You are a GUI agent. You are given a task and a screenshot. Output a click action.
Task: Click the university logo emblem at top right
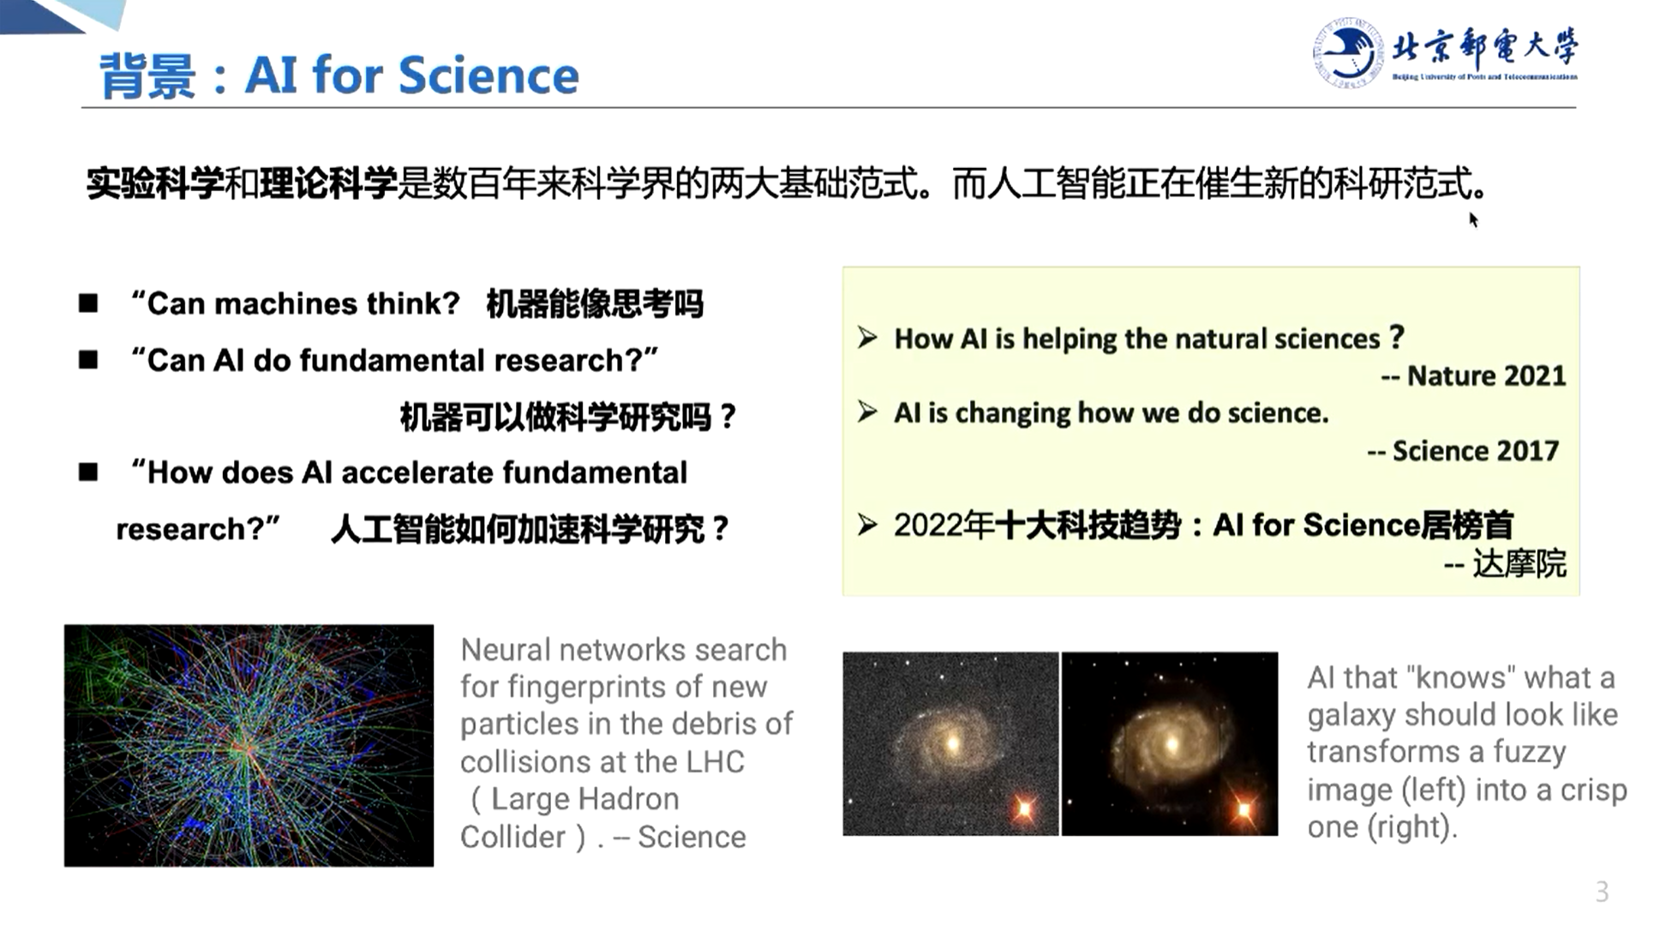click(1347, 52)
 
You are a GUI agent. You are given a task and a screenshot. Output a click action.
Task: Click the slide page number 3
click(1602, 892)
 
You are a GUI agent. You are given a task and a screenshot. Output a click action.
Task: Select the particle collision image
click(249, 745)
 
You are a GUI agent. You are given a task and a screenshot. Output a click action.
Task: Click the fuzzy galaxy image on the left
click(950, 743)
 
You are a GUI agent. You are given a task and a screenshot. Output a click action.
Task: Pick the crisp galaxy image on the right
click(1170, 743)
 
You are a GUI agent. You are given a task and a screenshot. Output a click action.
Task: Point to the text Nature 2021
click(1486, 375)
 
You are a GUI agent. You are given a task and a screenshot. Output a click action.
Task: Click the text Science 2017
click(1475, 451)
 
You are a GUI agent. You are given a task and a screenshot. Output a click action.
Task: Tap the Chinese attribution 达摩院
click(1519, 564)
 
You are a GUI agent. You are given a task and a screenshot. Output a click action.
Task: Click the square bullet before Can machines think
click(88, 303)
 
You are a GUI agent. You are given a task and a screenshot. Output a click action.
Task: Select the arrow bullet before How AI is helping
click(867, 338)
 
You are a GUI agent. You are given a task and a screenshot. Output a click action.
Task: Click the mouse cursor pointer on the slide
click(1473, 219)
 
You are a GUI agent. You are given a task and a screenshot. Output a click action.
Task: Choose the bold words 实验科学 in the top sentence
click(155, 183)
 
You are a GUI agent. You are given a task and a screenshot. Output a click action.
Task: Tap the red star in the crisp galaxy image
click(1244, 808)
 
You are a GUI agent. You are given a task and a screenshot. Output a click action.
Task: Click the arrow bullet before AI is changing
click(867, 412)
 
